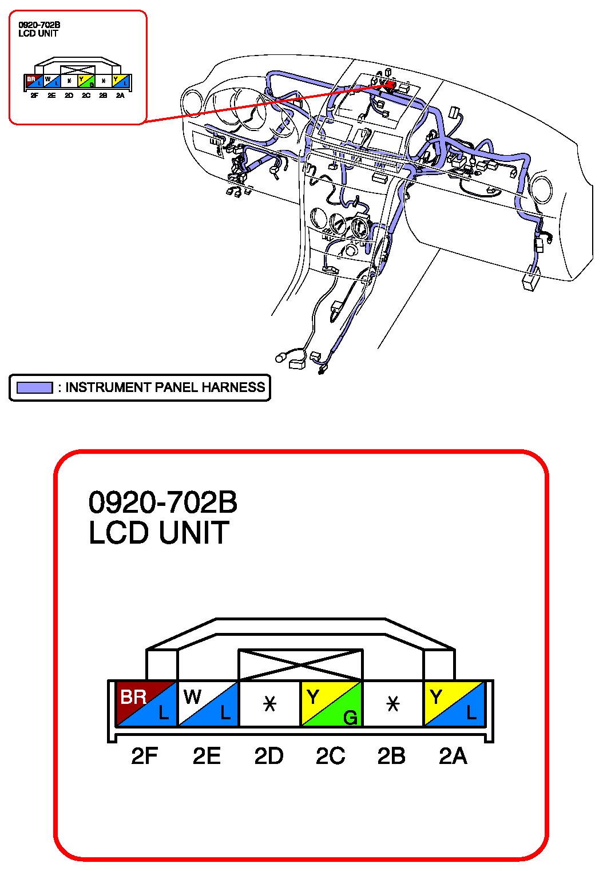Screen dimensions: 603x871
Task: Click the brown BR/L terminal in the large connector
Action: tap(146, 703)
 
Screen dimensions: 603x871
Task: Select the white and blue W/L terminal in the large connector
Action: tap(208, 703)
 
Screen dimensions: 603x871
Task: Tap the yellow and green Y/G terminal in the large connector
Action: tap(332, 703)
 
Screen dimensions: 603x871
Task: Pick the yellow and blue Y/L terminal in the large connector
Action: tap(454, 703)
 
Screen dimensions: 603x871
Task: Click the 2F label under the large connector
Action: tap(144, 756)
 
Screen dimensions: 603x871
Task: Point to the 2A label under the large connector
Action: tap(453, 756)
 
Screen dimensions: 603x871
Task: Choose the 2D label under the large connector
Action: tap(269, 756)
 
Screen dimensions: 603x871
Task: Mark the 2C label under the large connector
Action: tap(331, 756)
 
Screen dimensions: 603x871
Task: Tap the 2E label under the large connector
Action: tap(207, 756)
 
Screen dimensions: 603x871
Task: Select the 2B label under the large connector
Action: tap(391, 756)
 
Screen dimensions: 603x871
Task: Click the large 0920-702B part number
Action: tap(163, 502)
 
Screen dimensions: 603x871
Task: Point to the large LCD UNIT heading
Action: tap(158, 532)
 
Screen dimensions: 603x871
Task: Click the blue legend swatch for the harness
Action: tap(34, 387)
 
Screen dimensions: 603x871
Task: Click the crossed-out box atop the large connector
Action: tap(300, 665)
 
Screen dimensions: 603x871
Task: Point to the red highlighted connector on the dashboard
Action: tap(390, 84)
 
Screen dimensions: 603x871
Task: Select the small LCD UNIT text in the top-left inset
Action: tap(38, 33)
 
